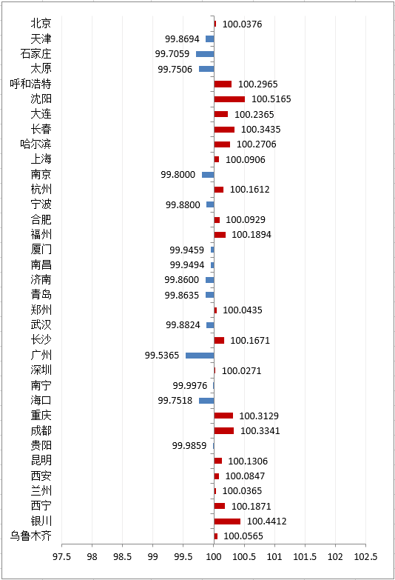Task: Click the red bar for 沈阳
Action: [x=229, y=99]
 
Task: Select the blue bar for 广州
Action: [x=200, y=356]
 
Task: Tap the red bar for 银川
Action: [x=227, y=521]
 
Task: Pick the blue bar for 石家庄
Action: [x=205, y=54]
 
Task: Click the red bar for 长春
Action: [x=224, y=130]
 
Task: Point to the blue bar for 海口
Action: [x=206, y=401]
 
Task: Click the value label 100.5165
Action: [x=271, y=99]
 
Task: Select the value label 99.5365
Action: [x=162, y=356]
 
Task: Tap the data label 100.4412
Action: [x=267, y=521]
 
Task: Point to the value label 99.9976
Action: [x=190, y=386]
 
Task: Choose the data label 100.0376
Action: [x=242, y=24]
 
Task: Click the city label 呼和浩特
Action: [x=30, y=84]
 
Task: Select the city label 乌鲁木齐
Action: [x=30, y=536]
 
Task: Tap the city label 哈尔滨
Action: [x=36, y=144]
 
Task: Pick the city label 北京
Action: [x=41, y=23]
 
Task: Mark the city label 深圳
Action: [x=41, y=370]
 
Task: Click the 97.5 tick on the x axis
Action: [x=61, y=557]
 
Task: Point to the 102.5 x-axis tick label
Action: [x=366, y=557]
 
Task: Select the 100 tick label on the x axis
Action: [x=214, y=557]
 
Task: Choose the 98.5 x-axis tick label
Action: [x=122, y=557]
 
